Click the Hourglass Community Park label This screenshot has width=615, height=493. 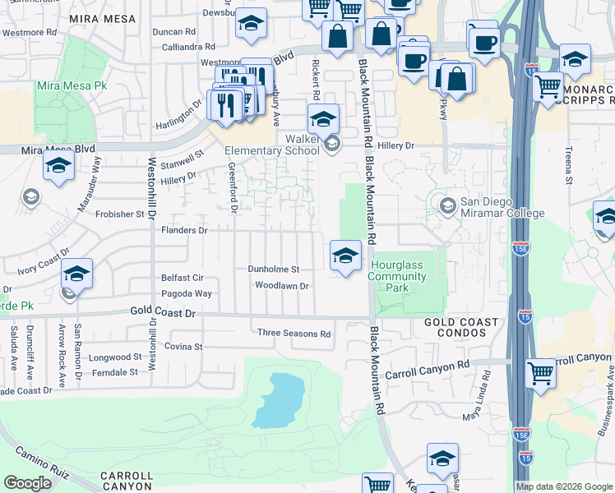pos(398,276)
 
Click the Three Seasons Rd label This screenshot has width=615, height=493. pos(294,334)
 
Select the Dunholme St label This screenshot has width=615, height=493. pos(274,269)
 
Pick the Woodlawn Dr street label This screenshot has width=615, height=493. pos(281,286)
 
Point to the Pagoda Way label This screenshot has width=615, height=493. pos(186,293)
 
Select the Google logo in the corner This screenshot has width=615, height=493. pos(28,483)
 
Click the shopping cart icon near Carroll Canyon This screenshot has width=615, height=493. pos(540,374)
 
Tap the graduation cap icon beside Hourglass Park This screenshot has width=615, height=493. pos(345,257)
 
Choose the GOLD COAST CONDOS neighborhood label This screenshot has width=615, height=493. pos(460,328)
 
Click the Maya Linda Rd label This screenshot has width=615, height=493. pos(477,397)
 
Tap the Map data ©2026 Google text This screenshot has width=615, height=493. pos(563,486)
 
